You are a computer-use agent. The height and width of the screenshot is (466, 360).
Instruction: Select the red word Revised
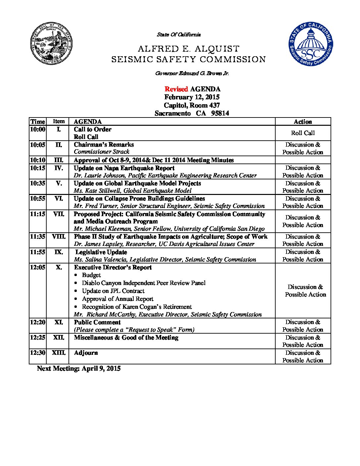[176, 89]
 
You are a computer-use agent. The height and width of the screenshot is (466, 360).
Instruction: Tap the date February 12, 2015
[192, 97]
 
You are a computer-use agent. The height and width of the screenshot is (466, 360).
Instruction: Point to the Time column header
[37, 121]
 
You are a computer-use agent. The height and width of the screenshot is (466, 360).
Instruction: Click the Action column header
[303, 121]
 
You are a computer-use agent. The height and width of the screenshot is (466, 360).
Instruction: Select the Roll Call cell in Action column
[303, 133]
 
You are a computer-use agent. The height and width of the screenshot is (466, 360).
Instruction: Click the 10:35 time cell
[37, 183]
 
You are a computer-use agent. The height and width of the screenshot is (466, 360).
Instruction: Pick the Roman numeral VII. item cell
[59, 214]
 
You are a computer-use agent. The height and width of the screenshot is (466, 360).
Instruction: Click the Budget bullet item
[91, 275]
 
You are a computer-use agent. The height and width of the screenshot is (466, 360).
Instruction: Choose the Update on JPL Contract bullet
[113, 291]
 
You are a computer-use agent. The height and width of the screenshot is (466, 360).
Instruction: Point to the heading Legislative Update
[101, 252]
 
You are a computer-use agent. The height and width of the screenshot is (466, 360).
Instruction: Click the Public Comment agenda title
[97, 322]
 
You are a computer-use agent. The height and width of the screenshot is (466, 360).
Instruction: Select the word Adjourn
[86, 353]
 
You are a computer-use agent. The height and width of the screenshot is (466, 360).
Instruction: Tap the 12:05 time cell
[37, 267]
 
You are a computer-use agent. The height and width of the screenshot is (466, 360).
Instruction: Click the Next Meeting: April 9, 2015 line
[79, 368]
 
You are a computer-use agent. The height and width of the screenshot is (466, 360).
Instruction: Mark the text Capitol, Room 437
[192, 105]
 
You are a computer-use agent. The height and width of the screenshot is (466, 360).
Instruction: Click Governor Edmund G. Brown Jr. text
[192, 73]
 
